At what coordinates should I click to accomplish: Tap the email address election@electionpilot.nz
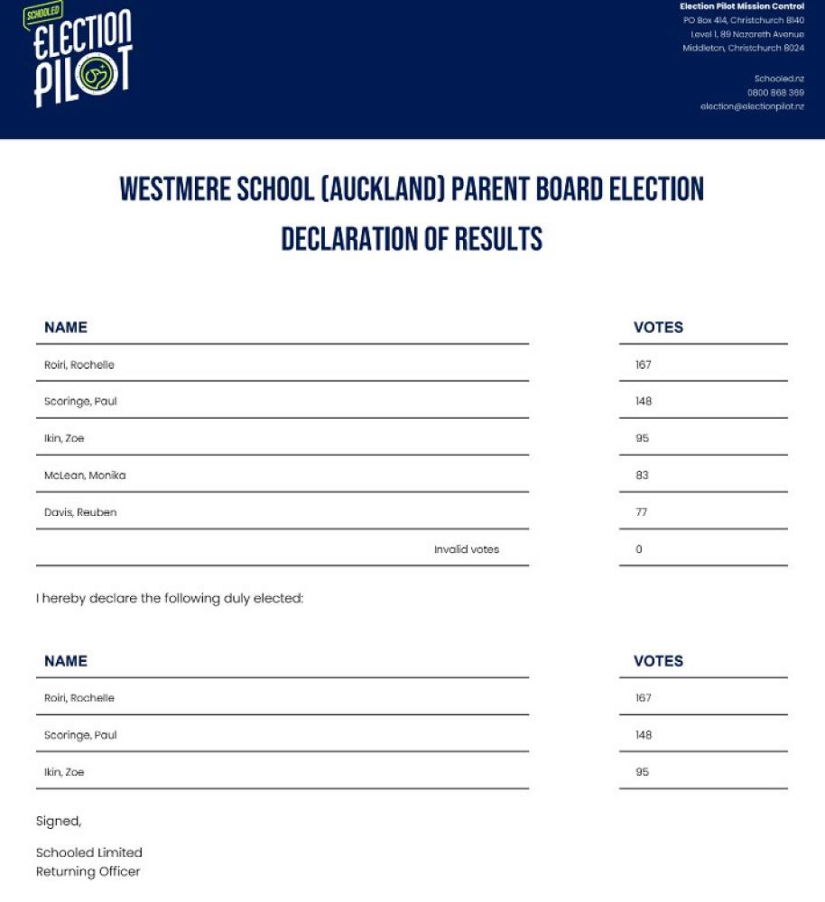click(752, 106)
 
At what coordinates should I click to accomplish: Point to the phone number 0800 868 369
click(775, 93)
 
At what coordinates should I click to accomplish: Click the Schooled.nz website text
click(779, 78)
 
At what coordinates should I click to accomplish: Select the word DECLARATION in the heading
click(352, 239)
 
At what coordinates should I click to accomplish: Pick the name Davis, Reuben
click(80, 512)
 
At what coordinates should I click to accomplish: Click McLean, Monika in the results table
click(85, 475)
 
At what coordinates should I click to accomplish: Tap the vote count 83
click(642, 475)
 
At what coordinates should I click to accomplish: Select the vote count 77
click(642, 512)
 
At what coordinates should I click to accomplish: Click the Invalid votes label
click(467, 549)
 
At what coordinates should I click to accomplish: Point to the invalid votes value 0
click(639, 549)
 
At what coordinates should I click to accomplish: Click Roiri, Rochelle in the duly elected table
click(79, 698)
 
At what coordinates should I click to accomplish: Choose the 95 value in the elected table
click(642, 772)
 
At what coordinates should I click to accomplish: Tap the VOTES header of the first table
click(658, 327)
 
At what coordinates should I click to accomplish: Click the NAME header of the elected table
click(66, 661)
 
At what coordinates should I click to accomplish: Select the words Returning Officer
click(88, 871)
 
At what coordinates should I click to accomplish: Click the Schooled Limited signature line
click(89, 852)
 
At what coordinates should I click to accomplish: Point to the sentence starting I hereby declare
click(170, 598)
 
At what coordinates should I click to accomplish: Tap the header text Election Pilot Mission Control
click(741, 7)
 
